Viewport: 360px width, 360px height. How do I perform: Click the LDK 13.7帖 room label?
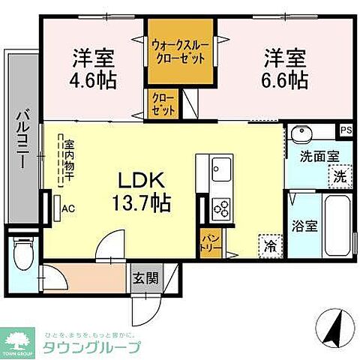(x=143, y=191)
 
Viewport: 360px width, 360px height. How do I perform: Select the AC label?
(x=67, y=208)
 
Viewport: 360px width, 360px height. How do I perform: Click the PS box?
(x=345, y=129)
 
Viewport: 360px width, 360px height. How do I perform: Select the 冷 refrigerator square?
(x=268, y=245)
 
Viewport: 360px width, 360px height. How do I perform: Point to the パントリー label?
(x=208, y=244)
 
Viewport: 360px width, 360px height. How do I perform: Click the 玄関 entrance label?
(x=147, y=279)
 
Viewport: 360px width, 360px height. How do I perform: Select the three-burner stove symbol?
(x=222, y=205)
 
